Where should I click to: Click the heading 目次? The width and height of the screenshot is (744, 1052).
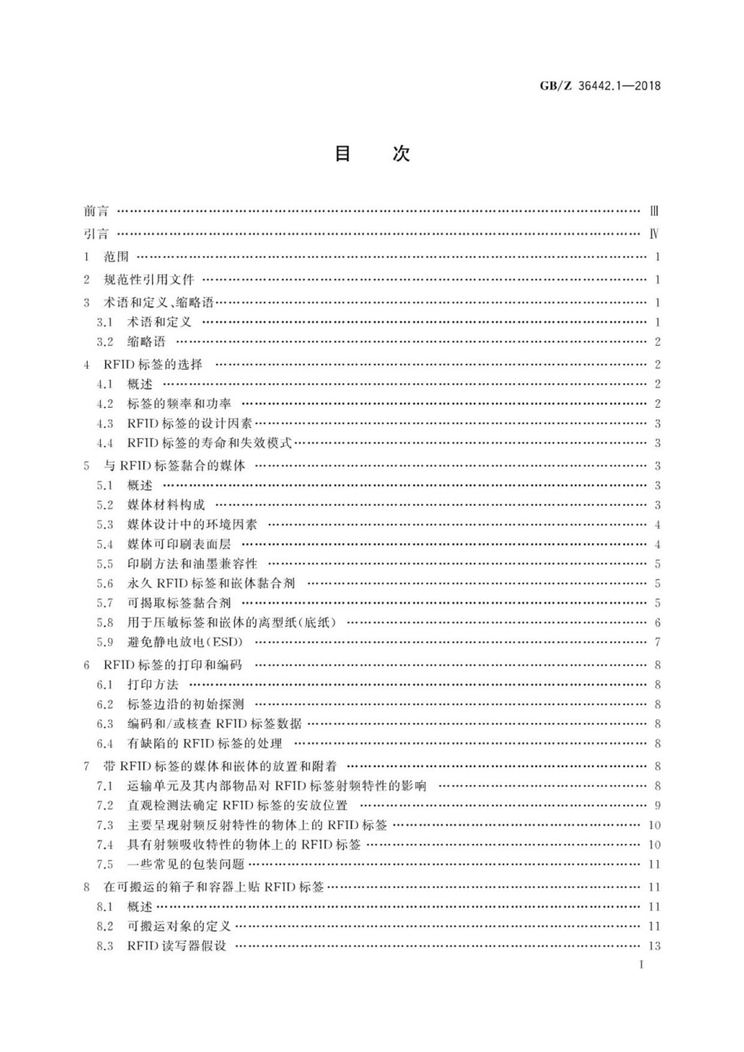372,153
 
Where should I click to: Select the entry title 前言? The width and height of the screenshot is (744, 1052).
96,211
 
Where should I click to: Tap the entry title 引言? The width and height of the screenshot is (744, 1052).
96,233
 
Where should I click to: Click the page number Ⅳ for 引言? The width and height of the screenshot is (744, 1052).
654,233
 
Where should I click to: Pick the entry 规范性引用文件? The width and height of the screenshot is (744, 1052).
149,279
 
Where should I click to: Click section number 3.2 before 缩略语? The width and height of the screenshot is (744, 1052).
105,341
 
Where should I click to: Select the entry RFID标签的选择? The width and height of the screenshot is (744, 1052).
153,364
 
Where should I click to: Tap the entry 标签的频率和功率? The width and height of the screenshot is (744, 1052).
179,403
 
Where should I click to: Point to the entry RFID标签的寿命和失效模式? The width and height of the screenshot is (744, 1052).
209,442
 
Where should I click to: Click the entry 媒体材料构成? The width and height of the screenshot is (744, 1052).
166,505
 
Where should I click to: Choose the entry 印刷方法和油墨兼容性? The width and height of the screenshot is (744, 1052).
192,564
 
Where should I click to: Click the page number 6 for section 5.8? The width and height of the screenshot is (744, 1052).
658,622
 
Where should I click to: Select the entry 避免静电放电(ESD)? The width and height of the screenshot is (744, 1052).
186,642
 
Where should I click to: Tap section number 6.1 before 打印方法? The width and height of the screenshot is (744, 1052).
105,684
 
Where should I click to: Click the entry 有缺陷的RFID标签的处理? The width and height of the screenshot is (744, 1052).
204,743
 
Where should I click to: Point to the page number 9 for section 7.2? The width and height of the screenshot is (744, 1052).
658,805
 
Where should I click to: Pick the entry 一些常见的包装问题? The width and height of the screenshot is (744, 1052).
186,864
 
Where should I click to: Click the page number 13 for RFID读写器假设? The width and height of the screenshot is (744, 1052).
655,946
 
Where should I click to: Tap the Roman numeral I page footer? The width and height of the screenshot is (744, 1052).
641,964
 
